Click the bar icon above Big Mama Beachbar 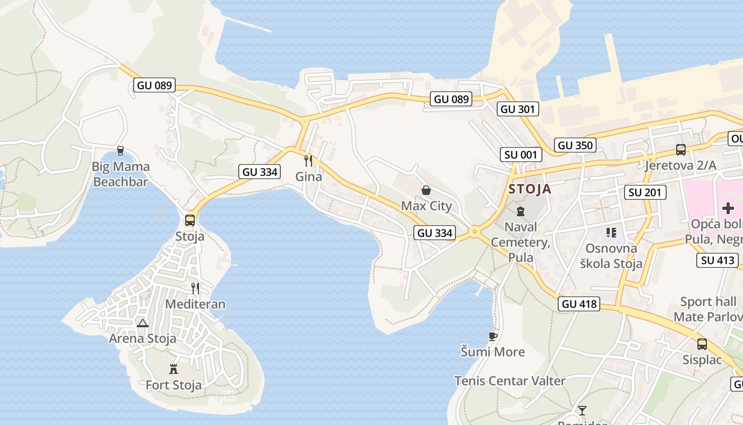click(x=120, y=151)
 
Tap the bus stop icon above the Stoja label click(x=189, y=220)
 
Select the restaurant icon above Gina click(x=308, y=160)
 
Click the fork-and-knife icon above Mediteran click(x=195, y=288)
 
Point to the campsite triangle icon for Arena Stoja click(x=142, y=323)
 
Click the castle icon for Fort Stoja click(x=174, y=369)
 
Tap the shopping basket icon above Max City click(x=426, y=190)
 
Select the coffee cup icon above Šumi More click(x=493, y=336)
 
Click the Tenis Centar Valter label click(x=509, y=381)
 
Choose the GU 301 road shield click(x=519, y=109)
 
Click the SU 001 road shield click(x=521, y=155)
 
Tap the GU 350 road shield click(x=575, y=145)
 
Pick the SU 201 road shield click(x=645, y=192)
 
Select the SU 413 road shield click(x=718, y=260)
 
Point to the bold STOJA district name click(x=530, y=189)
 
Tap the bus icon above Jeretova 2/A click(x=680, y=150)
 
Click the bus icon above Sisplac click(x=702, y=344)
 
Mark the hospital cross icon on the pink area click(x=728, y=208)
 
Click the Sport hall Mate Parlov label click(x=708, y=309)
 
